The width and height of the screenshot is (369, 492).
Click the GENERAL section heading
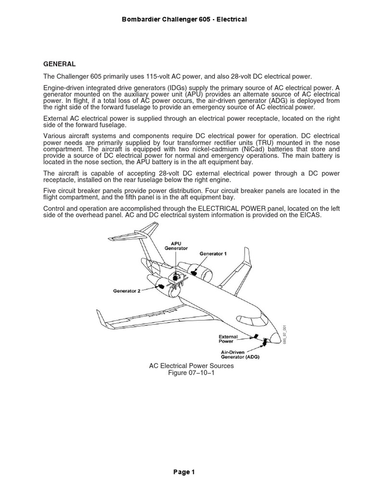click(x=60, y=63)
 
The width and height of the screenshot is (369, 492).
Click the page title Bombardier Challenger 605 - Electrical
click(x=184, y=19)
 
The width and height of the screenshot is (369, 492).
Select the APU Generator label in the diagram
click(x=176, y=246)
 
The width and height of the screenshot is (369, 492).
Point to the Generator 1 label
click(x=210, y=253)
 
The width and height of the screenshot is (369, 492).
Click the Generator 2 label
click(x=127, y=290)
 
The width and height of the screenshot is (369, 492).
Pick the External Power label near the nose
click(x=229, y=340)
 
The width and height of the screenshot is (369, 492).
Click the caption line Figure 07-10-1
click(x=184, y=373)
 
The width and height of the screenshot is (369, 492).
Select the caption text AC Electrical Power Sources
click(x=184, y=366)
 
